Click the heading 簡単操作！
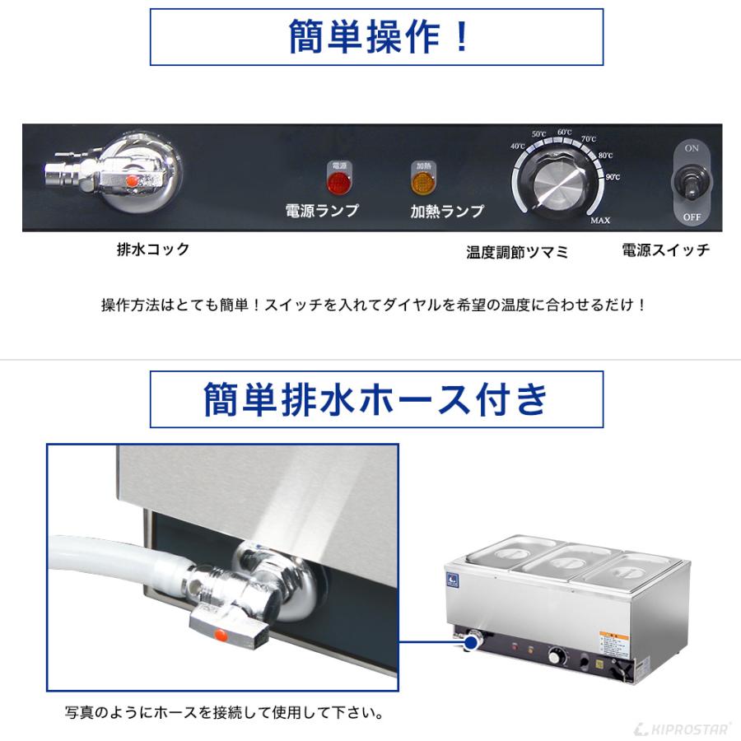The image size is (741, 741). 376,37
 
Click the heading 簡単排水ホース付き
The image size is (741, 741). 376,399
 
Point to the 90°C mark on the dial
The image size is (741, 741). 612,176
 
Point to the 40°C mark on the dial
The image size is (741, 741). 518,147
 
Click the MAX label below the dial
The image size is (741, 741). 599,221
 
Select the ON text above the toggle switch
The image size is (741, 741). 691,149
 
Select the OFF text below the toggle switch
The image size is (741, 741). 691,217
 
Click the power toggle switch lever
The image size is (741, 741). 691,183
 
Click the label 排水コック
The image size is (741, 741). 153,249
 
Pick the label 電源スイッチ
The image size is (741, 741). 665,250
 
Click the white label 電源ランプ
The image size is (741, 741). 322,211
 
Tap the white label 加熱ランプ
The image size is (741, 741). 447,211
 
